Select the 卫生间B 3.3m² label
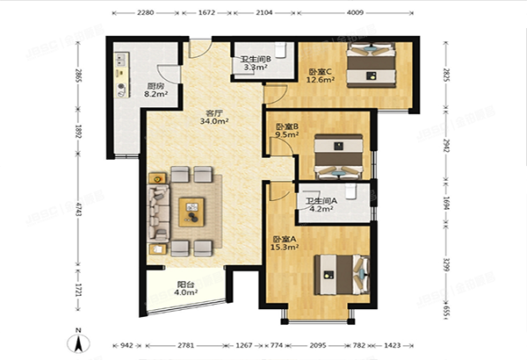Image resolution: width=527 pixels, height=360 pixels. tap(255, 63)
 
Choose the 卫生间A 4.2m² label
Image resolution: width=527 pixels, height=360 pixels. tap(321, 205)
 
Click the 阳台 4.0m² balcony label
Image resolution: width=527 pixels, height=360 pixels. tap(185, 288)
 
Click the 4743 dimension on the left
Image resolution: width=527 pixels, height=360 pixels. tap(78, 211)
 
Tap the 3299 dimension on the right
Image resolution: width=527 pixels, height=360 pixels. tap(451, 263)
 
